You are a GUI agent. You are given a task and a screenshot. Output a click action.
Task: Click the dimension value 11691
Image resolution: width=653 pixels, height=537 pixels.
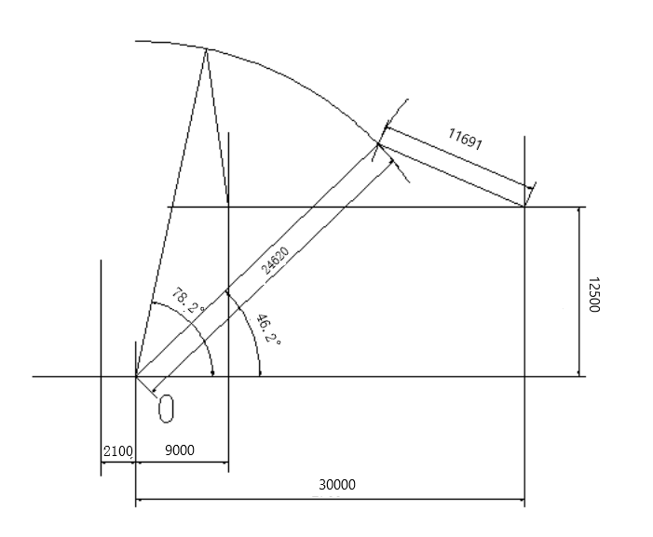pyautogui.click(x=465, y=139)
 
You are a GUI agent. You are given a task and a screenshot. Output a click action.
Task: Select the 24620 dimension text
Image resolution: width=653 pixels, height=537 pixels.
pyautogui.click(x=275, y=261)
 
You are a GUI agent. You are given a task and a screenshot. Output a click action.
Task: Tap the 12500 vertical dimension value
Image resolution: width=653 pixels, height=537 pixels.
pyautogui.click(x=593, y=294)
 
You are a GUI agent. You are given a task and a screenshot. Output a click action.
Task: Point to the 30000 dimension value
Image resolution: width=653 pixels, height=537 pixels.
pyautogui.click(x=337, y=485)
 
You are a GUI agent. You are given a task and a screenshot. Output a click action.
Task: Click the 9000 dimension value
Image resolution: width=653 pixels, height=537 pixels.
pyautogui.click(x=180, y=450)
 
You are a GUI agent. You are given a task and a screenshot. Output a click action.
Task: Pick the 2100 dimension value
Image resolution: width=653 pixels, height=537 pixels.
pyautogui.click(x=118, y=450)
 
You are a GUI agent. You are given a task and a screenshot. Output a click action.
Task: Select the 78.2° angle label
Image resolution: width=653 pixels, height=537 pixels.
pyautogui.click(x=188, y=301)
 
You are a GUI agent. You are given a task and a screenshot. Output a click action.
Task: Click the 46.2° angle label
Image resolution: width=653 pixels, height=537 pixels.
pyautogui.click(x=268, y=329)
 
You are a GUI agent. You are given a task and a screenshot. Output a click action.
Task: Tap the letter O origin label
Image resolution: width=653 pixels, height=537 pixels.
pyautogui.click(x=166, y=409)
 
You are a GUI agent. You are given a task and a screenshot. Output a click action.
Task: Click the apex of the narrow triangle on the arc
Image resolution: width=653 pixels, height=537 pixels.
pyautogui.click(x=206, y=49)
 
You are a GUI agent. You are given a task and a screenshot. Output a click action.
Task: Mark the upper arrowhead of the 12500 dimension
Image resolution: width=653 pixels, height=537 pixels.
pyautogui.click(x=578, y=210)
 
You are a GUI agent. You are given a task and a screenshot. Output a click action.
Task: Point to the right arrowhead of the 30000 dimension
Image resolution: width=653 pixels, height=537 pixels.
pyautogui.click(x=521, y=499)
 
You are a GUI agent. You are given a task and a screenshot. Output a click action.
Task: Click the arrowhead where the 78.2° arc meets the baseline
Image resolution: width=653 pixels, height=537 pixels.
pyautogui.click(x=212, y=372)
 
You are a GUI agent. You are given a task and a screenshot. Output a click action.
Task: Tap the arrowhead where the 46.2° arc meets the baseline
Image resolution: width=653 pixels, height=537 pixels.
pyautogui.click(x=260, y=372)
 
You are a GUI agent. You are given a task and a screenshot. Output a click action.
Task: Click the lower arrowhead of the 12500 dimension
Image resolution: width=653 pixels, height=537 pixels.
pyautogui.click(x=578, y=372)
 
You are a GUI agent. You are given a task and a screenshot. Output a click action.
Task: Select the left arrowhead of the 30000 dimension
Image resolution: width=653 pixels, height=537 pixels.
pyautogui.click(x=139, y=499)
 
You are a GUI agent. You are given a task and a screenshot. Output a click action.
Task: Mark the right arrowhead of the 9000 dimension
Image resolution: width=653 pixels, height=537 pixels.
pyautogui.click(x=225, y=462)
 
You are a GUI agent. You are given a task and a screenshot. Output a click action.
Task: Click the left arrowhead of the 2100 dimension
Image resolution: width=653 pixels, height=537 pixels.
pyautogui.click(x=104, y=462)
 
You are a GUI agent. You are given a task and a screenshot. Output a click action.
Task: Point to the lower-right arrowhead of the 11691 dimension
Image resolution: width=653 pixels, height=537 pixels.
pyautogui.click(x=529, y=188)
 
